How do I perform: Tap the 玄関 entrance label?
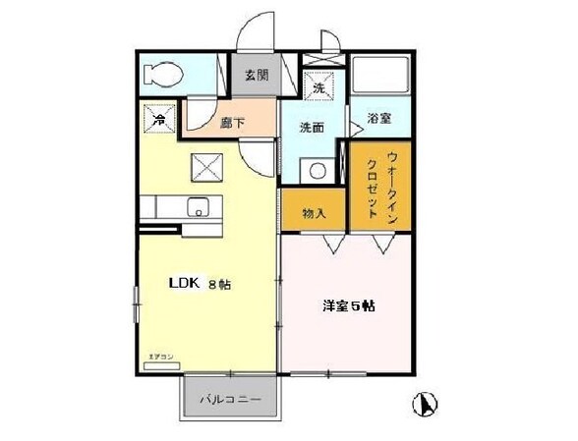click(x=257, y=76)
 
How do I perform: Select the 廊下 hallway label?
click(x=232, y=124)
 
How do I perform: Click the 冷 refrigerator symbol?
click(x=158, y=119)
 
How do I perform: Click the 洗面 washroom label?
click(x=312, y=127)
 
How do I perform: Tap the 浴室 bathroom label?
click(x=379, y=119)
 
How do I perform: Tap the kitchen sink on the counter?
click(x=198, y=208)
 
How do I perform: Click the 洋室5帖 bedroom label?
click(x=349, y=305)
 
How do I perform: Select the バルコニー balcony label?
click(x=230, y=401)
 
